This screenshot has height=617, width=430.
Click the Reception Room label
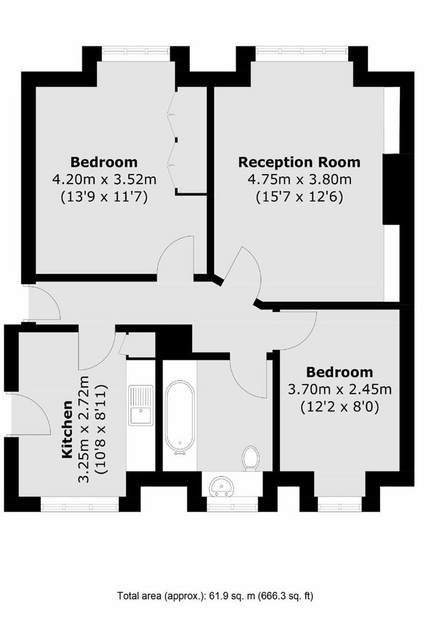point(299,162)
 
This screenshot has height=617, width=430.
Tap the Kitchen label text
point(67,429)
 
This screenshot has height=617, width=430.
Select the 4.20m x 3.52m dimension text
point(104,180)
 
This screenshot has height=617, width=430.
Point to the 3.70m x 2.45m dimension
point(340,390)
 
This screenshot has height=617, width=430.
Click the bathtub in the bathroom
point(179,418)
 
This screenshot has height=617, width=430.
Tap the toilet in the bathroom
point(250,458)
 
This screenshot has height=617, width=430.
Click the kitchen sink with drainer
point(141,405)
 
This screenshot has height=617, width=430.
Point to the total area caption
point(215,596)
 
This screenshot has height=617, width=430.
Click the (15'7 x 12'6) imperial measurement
point(299,196)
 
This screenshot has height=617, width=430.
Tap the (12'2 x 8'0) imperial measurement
point(340,407)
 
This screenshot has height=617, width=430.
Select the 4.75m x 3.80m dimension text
point(299,180)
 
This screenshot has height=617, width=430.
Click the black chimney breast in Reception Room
point(391,189)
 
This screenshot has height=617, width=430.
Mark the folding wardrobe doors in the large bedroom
point(172,140)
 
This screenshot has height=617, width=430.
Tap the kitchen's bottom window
point(80,504)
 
